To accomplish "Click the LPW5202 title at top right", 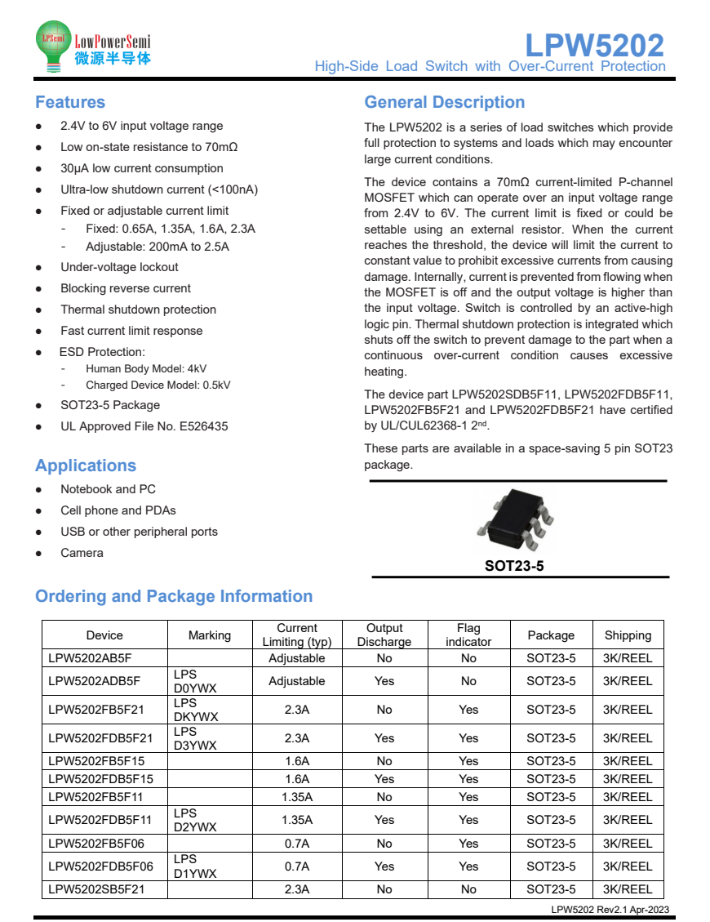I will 594,44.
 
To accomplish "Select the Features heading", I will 70,102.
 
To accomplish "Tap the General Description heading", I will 445,102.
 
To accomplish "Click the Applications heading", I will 85,465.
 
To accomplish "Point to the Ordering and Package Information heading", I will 174,596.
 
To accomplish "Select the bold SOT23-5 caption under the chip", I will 514,565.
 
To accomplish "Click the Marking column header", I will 209,635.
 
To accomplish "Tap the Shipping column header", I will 628,635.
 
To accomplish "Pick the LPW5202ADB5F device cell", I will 94,681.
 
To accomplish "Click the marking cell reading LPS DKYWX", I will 196,710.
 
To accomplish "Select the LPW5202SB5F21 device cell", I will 95,889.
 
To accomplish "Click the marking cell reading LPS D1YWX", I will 196,866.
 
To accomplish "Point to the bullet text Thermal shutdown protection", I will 138,310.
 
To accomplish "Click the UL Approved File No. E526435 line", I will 144,426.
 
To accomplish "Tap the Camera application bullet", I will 82,553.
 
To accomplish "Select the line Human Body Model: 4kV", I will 145,368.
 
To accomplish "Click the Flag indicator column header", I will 468,635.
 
